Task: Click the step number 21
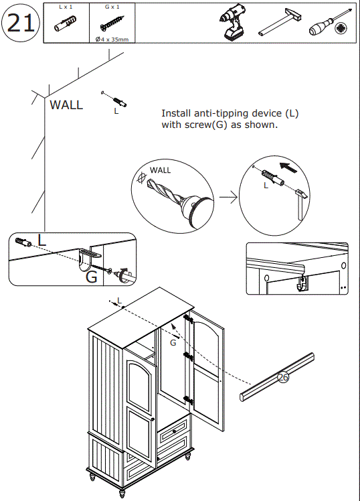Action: pos(21,23)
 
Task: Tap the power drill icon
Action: pos(233,22)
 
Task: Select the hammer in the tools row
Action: pos(280,21)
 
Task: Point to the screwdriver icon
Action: pos(331,22)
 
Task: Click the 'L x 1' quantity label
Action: pos(66,7)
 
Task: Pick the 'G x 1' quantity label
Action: pos(112,7)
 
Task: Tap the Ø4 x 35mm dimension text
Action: pos(112,40)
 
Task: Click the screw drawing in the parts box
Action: pos(112,23)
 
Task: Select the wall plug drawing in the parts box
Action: pos(65,24)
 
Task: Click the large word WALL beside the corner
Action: pos(66,104)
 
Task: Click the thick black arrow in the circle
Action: pos(288,167)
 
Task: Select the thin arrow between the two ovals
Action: pos(228,198)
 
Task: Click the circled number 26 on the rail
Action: pos(283,377)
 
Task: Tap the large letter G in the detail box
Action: pos(91,277)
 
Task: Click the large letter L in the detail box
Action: pos(41,240)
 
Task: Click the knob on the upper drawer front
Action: pos(174,431)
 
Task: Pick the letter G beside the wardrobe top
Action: pos(173,343)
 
